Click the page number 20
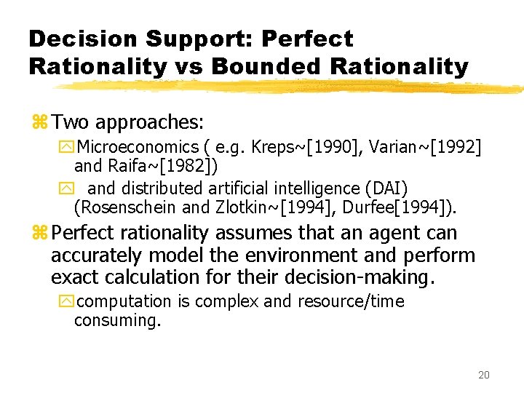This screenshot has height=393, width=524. tap(484, 376)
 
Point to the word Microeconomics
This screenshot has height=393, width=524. tap(138, 148)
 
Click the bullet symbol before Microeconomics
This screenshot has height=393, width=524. tap(68, 148)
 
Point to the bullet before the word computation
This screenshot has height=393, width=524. tap(68, 301)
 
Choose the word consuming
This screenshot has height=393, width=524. tap(116, 320)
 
